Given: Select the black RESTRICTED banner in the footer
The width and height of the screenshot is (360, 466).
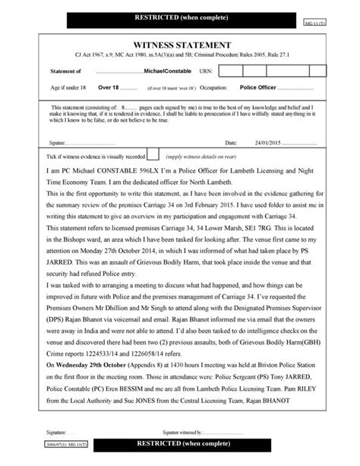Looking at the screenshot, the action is coord(181,442).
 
